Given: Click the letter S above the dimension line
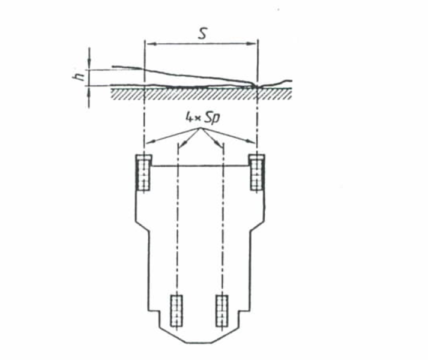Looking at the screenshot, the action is [x=202, y=34].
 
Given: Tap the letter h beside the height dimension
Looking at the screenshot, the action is [x=78, y=76].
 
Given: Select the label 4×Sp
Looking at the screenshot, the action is [x=203, y=118].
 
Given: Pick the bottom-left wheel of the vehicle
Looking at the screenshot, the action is [x=176, y=311].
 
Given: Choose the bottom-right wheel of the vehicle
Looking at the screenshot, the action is [x=222, y=311].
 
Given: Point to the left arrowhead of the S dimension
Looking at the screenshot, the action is [x=149, y=43].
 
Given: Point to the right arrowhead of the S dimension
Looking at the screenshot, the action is [x=253, y=43].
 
